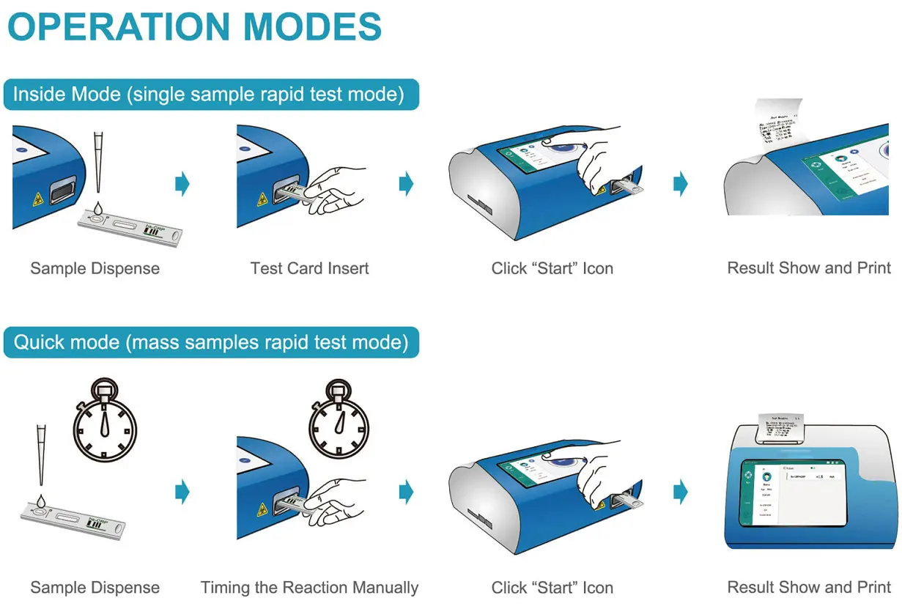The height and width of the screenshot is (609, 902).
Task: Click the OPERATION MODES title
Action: pyautogui.click(x=194, y=27)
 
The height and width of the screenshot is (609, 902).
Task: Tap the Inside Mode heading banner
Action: pyautogui.click(x=210, y=95)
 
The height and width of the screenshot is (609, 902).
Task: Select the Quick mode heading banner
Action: pyautogui.click(x=210, y=342)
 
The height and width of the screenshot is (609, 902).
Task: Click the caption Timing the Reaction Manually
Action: pyautogui.click(x=309, y=588)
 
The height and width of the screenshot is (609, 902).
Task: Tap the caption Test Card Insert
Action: pyautogui.click(x=309, y=268)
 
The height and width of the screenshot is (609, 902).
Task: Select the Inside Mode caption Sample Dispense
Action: pyautogui.click(x=95, y=268)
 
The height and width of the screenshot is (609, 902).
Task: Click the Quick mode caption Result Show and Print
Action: pyautogui.click(x=808, y=587)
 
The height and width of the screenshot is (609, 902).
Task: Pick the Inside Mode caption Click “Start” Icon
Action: pyautogui.click(x=552, y=268)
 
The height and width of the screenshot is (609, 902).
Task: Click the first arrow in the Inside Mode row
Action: pyautogui.click(x=182, y=183)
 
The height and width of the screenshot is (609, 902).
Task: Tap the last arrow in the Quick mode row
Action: pyautogui.click(x=681, y=492)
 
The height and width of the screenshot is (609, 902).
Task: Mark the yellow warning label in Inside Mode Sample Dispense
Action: pyautogui.click(x=34, y=198)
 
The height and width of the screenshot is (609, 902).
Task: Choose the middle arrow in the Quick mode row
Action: pyautogui.click(x=406, y=492)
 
